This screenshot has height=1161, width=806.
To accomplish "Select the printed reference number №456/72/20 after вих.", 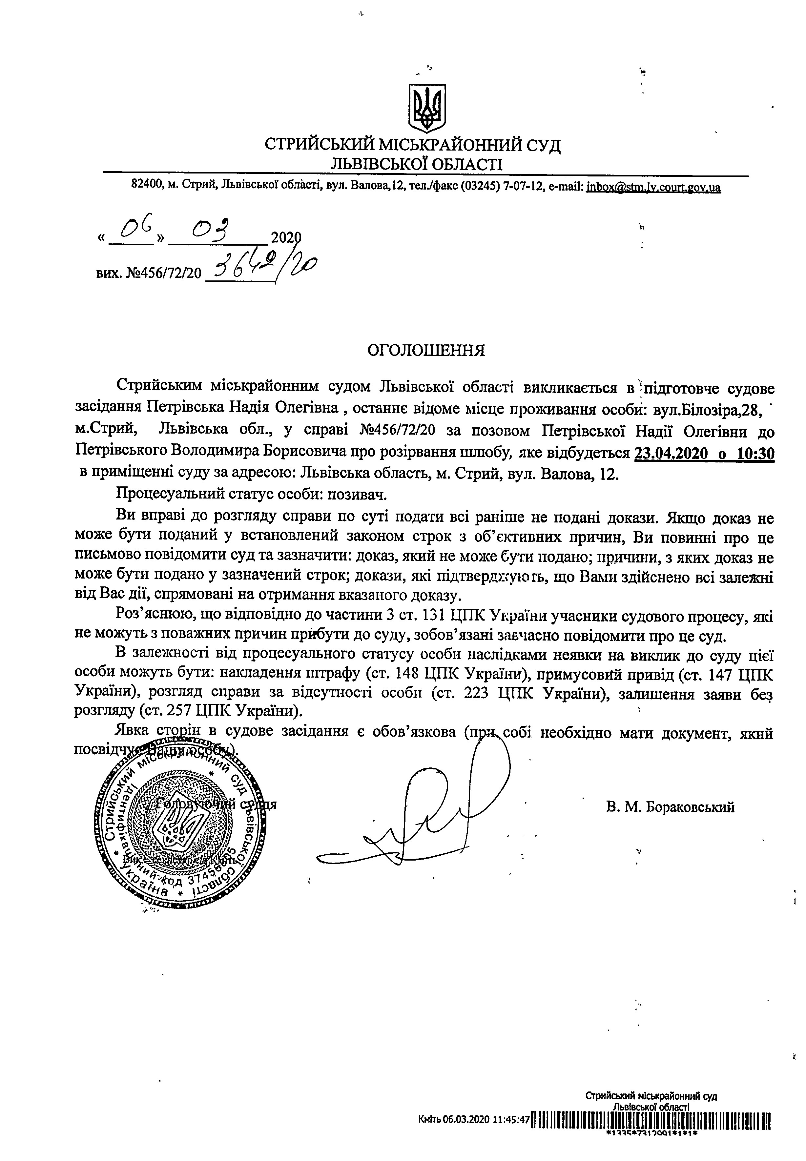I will pos(163,273).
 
